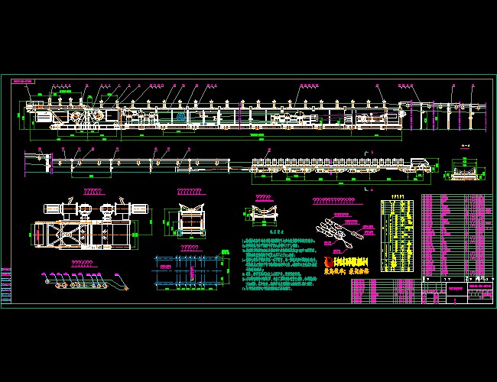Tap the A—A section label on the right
click(x=461, y=144)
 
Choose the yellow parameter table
click(x=399, y=235)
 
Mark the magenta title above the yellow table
click(x=398, y=196)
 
